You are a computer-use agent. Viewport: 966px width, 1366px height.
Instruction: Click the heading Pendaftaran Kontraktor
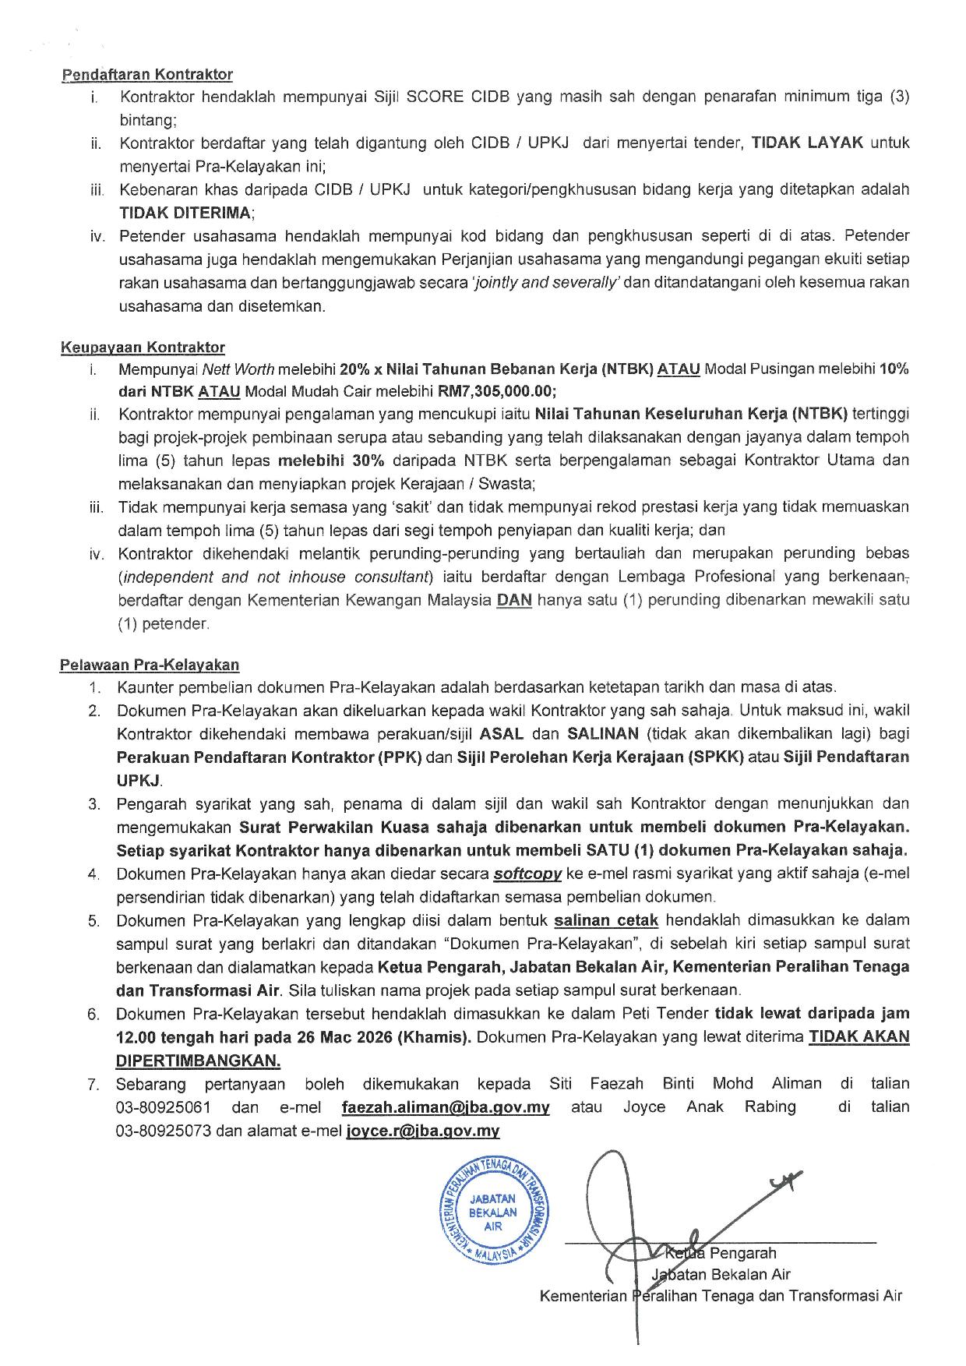coord(146,75)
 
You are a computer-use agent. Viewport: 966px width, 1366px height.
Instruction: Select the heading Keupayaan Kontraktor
coord(143,348)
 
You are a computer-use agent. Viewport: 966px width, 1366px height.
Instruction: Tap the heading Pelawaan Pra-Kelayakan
coord(150,665)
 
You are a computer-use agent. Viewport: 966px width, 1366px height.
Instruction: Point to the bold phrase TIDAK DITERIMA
coord(185,213)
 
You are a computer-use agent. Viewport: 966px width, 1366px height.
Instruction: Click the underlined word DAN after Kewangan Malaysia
coord(514,601)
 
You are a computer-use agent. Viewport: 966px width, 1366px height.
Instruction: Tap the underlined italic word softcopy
coord(527,874)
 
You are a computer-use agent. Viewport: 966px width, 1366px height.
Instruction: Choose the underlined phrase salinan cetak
coord(606,920)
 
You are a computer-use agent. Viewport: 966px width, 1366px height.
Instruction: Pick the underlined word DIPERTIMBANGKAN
coord(198,1061)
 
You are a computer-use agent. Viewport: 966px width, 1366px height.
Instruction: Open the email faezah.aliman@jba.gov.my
coord(446,1107)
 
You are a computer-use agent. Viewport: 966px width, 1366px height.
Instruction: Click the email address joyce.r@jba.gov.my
coord(422,1131)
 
